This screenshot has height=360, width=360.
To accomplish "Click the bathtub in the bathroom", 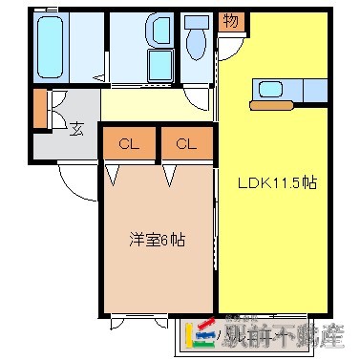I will pyautogui.click(x=50, y=45).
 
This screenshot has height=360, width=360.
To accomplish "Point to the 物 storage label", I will pyautogui.click(x=230, y=19).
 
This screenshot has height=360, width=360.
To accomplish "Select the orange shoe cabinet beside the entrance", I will pyautogui.click(x=40, y=108).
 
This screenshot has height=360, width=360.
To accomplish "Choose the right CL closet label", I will pyautogui.click(x=186, y=144).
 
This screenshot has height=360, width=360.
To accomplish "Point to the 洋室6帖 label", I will pyautogui.click(x=159, y=240).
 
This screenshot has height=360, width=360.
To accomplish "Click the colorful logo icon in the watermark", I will pyautogui.click(x=206, y=332).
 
